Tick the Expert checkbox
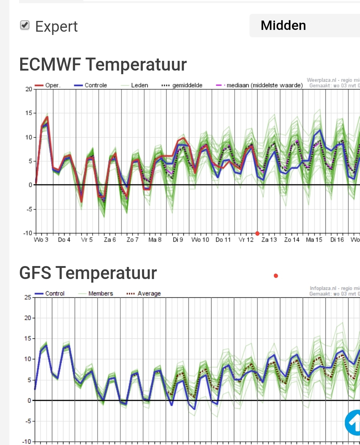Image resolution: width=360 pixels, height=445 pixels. coord(25,25)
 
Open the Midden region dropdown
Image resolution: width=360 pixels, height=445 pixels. coord(305,26)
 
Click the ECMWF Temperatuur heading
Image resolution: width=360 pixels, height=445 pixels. coord(103,64)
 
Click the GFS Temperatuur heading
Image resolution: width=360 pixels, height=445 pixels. coord(88,273)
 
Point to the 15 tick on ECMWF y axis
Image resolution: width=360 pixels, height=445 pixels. coord(28,113)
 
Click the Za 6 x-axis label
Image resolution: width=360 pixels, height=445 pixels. coord(110,240)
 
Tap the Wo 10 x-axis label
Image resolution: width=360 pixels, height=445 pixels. coord(200,240)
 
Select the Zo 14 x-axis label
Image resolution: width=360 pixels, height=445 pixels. coord(292,240)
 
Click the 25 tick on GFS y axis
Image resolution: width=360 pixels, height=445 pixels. coord(28,297)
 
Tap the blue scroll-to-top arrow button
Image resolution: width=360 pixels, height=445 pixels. coord(353,422)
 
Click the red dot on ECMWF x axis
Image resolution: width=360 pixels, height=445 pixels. coord(257,234)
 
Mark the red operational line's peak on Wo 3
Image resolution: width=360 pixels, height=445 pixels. coord(47,117)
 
